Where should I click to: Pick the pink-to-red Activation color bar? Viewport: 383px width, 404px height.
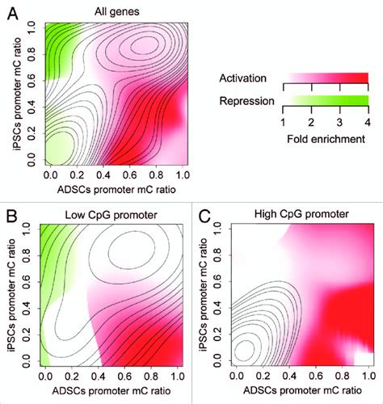point(324,78)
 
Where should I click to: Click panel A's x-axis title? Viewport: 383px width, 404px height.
point(111,188)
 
